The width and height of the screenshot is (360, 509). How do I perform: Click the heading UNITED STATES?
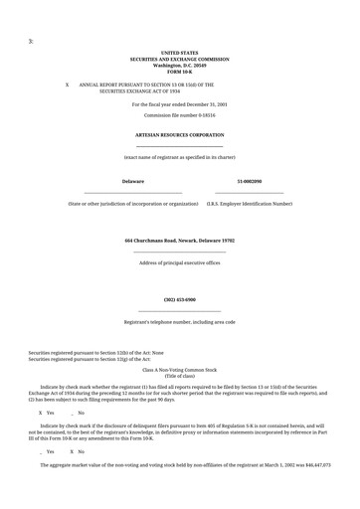179,53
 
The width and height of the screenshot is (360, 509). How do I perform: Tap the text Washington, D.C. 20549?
179,65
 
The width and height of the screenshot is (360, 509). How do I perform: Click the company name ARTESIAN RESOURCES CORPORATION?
179,134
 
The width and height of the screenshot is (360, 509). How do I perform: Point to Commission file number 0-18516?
179,115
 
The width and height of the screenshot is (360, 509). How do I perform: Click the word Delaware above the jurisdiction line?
133,182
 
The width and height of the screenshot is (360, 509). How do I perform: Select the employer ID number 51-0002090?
249,182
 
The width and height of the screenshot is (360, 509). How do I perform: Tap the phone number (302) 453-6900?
179,299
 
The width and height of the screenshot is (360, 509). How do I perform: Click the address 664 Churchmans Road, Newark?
179,241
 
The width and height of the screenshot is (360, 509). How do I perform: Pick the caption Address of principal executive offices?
179,263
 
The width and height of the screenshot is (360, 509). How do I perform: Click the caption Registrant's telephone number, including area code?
179,322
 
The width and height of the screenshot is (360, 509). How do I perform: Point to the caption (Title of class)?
179,376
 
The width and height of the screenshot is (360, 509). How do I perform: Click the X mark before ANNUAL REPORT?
67,85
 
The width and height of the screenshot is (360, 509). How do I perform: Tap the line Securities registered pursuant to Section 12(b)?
95,352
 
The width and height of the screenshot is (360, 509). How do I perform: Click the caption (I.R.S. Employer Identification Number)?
249,204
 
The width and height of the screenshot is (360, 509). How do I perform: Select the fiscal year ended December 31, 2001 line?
179,103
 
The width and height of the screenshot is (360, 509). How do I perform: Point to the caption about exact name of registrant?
179,157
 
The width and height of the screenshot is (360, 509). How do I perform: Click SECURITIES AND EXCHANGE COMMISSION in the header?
179,59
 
